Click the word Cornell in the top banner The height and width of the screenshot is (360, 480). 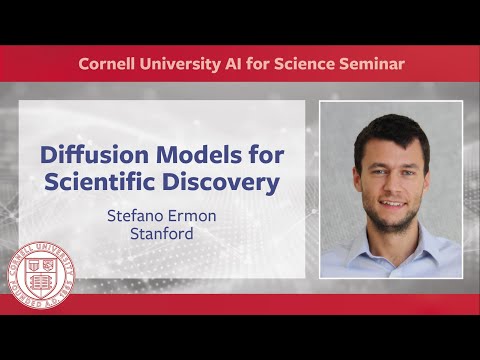(x=109, y=64)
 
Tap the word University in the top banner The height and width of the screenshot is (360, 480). (x=188, y=64)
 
